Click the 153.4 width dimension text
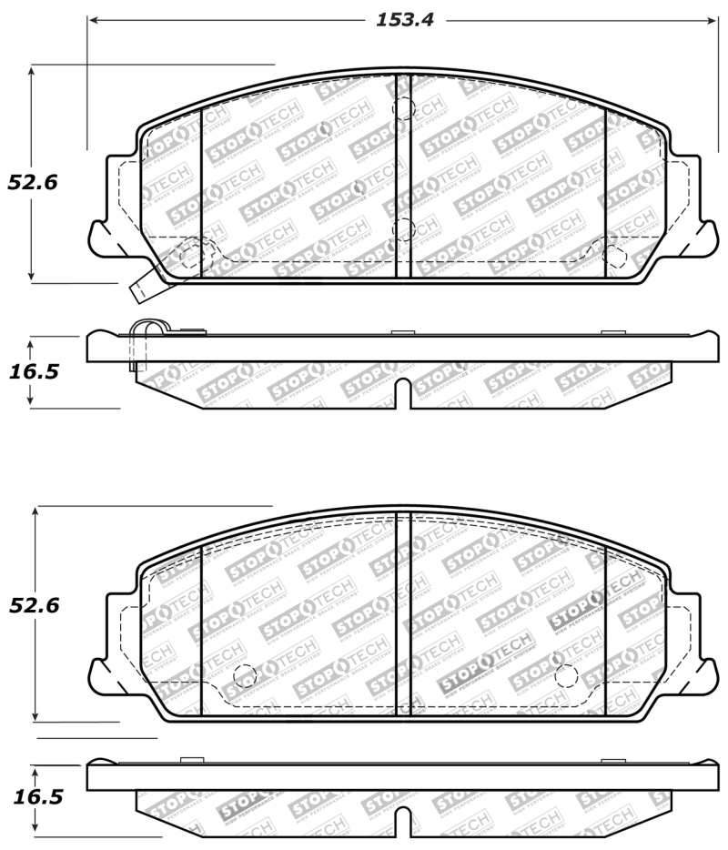tap(405, 20)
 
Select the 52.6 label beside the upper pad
tap(33, 182)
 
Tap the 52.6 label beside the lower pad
tap(35, 605)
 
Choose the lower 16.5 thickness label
tap(36, 797)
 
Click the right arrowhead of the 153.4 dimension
tap(716, 20)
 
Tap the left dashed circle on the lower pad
tap(244, 675)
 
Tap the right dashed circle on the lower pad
tap(565, 675)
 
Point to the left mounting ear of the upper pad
tap(103, 238)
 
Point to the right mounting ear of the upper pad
tap(703, 238)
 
